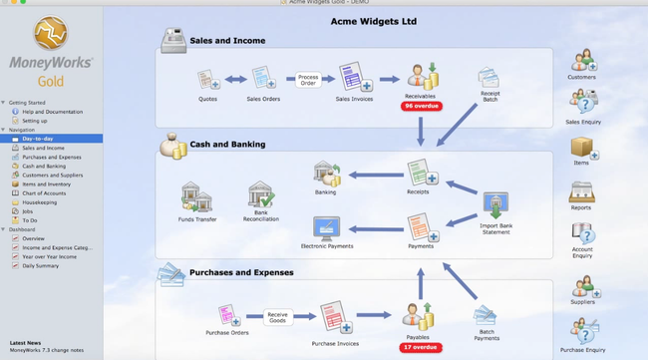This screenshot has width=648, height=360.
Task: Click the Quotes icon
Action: coord(207,79)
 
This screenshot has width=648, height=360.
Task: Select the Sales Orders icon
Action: coord(262,79)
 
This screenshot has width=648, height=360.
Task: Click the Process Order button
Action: coord(309,79)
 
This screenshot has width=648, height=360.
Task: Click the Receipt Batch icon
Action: coord(487,79)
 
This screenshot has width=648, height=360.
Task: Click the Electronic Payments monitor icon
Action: coord(327,228)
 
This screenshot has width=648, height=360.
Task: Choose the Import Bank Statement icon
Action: coord(495,206)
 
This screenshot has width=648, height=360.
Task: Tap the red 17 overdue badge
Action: coord(420,348)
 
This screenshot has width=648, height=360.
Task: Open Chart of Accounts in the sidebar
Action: coord(44,192)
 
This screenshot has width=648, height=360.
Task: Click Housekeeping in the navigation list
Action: coord(39,201)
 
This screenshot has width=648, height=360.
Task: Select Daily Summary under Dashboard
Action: coord(41,265)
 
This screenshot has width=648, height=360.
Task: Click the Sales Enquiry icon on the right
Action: coord(583,104)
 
